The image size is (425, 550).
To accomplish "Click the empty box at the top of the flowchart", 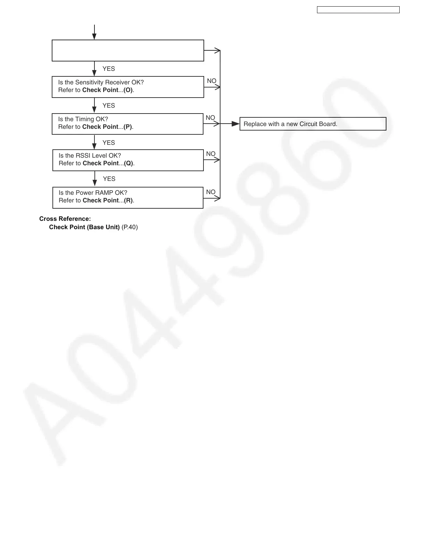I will point(128,51).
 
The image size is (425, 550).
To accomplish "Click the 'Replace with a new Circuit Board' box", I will point(312,124).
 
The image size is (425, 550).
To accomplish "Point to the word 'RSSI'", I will point(83,156).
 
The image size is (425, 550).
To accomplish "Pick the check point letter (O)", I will point(128,90).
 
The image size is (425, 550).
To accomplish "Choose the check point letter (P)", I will point(128,127).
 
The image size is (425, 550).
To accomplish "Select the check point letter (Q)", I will point(128,163).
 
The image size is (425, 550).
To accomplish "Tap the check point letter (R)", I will point(128,200).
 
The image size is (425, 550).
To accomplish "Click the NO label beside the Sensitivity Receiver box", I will point(211,81).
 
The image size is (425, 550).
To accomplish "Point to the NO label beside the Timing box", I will point(210,118).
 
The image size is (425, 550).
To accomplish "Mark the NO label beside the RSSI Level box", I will point(211,154).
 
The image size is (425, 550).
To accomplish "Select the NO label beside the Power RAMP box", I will point(211,192).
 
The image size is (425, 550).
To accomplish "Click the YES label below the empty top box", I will point(109,69).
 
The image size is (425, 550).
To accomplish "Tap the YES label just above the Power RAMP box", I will point(109,179).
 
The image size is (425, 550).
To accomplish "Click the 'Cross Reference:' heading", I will point(65,219).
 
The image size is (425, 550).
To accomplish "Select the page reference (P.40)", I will point(130,227).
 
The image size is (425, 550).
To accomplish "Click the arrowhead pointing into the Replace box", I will point(236,124).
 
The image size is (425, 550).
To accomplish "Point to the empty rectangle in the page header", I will point(358,10).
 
